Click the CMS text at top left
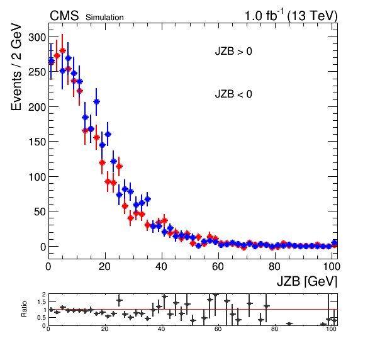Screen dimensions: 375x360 click(64, 16)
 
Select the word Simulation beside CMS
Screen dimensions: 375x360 click(104, 18)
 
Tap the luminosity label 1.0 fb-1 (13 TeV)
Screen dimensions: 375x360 click(291, 16)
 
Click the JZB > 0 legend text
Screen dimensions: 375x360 click(233, 52)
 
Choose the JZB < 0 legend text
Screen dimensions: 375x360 click(233, 94)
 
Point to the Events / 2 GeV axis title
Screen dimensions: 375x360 click(16, 67)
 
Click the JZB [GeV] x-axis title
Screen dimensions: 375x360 click(307, 281)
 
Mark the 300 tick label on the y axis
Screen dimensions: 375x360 click(37, 38)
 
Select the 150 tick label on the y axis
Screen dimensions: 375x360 click(37, 142)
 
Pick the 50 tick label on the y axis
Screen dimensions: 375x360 click(40, 211)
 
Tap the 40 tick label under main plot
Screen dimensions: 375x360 click(161, 266)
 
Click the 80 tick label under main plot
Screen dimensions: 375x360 click(274, 266)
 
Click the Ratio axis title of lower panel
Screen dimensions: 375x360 click(24, 309)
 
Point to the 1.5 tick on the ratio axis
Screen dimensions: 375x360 click(42, 302)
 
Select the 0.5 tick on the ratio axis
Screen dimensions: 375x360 click(42, 318)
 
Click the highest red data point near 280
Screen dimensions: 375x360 click(62, 51)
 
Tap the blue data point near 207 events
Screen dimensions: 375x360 click(96, 102)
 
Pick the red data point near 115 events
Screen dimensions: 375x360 click(119, 166)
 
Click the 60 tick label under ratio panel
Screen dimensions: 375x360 click(218, 329)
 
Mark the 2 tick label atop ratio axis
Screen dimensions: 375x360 click(44, 294)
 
